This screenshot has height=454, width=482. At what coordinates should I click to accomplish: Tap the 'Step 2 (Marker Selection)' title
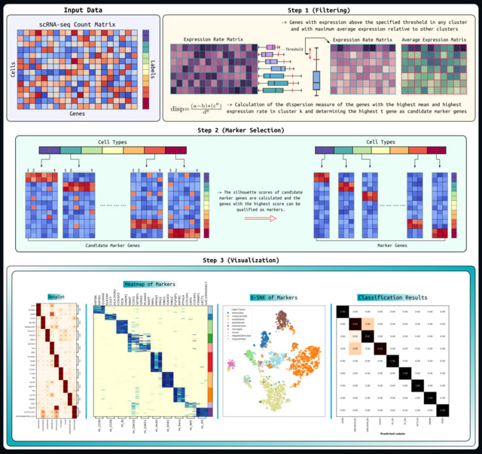[x=240, y=129]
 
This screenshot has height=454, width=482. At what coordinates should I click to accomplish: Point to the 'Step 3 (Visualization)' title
[x=240, y=261]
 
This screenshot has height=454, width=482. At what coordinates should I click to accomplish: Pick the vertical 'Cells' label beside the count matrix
[x=11, y=69]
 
